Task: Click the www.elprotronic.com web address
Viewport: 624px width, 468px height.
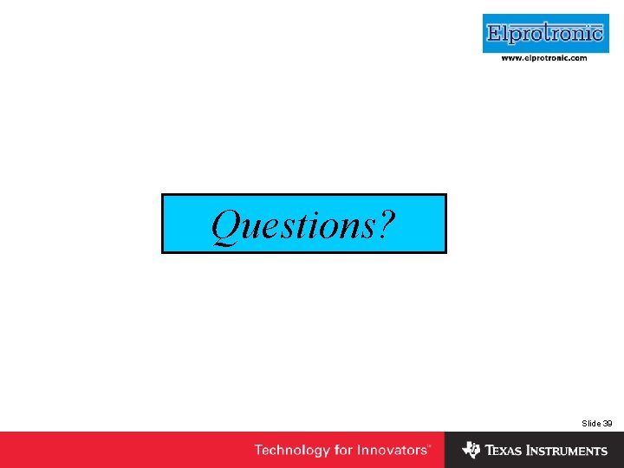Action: point(544,58)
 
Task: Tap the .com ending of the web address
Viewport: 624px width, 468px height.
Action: point(578,58)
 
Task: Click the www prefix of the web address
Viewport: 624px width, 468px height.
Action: point(511,58)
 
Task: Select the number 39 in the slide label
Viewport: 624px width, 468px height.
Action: point(608,423)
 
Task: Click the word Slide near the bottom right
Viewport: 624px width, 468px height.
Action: point(591,423)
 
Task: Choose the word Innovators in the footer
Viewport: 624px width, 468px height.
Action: point(392,450)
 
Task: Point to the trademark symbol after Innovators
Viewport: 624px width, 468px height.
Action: point(429,446)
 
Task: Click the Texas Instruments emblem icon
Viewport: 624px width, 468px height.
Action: point(471,450)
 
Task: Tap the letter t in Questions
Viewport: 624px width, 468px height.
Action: point(298,227)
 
